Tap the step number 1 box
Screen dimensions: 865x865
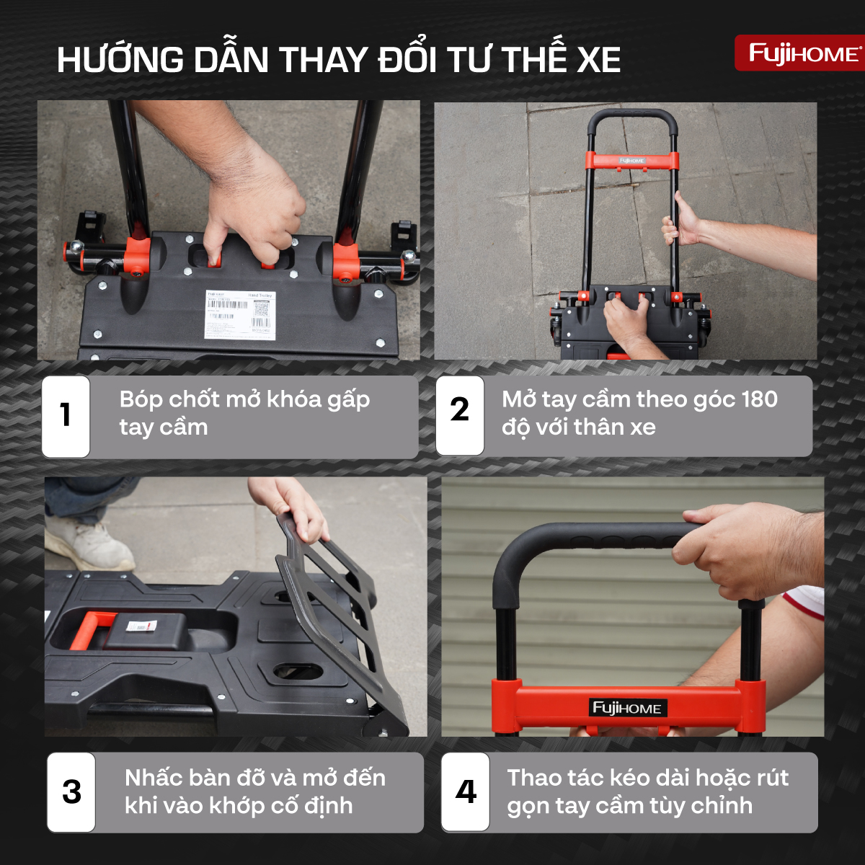coord(66,416)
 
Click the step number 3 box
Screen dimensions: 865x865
coord(71,792)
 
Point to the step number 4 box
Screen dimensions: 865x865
coord(466,791)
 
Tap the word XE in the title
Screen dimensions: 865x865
coord(598,59)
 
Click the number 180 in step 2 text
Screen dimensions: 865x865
coord(757,399)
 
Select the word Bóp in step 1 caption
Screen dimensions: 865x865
coord(141,400)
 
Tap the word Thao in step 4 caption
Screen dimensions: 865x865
coord(535,778)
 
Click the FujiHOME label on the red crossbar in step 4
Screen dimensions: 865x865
coord(626,708)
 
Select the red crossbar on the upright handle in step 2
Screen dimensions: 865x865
coord(632,160)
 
